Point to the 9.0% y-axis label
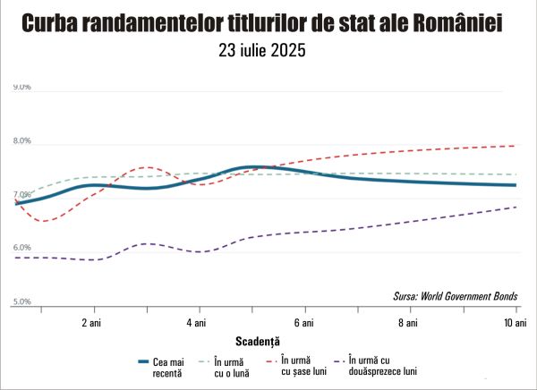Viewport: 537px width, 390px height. tap(22, 88)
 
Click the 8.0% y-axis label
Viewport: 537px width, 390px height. tap(22, 141)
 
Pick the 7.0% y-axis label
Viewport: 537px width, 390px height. tap(22, 196)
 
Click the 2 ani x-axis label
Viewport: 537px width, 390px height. tap(89, 321)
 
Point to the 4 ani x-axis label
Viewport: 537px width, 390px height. tap(196, 321)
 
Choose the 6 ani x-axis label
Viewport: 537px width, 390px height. tap(303, 321)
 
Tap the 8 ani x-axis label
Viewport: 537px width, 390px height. tap(409, 321)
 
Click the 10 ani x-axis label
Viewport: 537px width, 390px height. tap(515, 321)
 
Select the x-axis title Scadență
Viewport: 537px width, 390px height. tap(259, 341)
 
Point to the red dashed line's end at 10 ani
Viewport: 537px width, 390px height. tap(516, 146)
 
